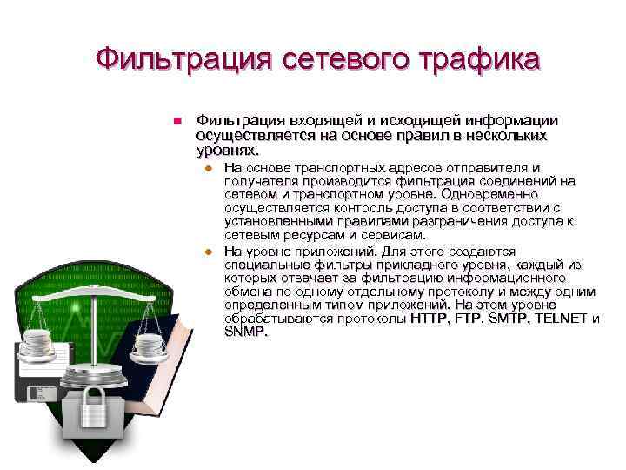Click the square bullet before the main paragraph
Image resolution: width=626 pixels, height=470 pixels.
click(x=176, y=121)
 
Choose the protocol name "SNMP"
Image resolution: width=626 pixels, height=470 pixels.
click(x=245, y=332)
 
